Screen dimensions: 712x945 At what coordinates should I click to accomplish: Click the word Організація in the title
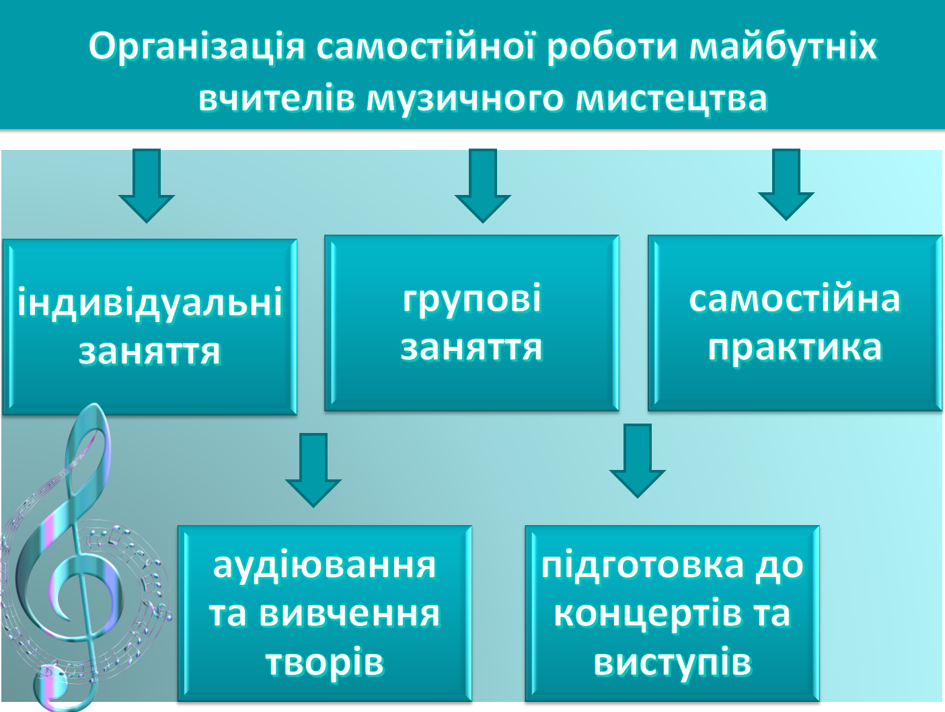(196, 47)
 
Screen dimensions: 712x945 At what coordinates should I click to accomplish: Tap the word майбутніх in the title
(784, 47)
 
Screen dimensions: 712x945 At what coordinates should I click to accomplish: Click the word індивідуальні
(149, 303)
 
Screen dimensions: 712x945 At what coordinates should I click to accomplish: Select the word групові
(471, 299)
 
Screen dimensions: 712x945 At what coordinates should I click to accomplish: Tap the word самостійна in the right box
(794, 299)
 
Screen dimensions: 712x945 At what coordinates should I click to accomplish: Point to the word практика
(794, 348)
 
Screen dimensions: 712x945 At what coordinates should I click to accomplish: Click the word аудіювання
(324, 565)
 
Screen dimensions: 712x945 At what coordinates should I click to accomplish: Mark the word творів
(324, 662)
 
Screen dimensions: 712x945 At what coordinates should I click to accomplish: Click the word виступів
(672, 662)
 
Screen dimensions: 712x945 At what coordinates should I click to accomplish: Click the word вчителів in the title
(276, 98)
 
